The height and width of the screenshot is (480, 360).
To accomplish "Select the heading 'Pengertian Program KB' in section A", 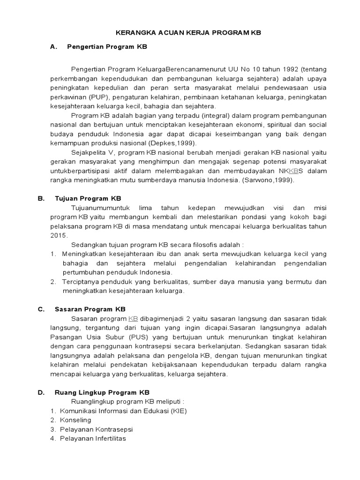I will (107, 47).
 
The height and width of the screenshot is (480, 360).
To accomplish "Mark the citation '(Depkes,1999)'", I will (172, 143).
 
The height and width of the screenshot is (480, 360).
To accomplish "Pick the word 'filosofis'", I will (196, 245).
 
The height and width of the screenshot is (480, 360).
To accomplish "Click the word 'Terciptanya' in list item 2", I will (80, 282).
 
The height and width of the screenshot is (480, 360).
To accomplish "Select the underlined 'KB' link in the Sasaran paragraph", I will (133, 319).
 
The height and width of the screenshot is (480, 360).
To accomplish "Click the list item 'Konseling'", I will (75, 420).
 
